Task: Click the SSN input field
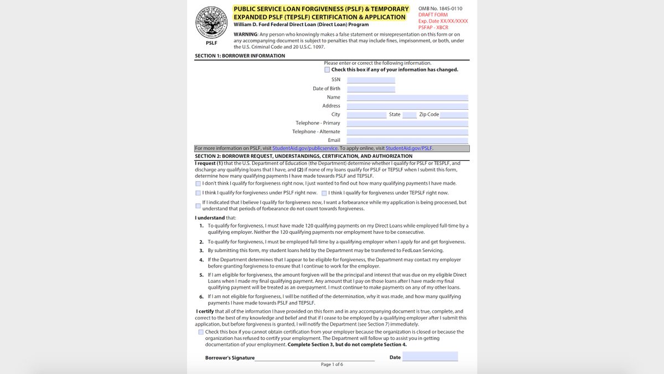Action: click(x=371, y=80)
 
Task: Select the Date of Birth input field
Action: click(x=371, y=89)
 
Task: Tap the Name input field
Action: click(x=407, y=98)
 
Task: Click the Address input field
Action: click(x=407, y=106)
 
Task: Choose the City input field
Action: click(x=366, y=115)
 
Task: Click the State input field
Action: click(x=409, y=115)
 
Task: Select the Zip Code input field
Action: click(x=454, y=115)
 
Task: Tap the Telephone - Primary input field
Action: click(x=407, y=123)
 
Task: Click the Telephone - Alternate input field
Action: click(x=407, y=132)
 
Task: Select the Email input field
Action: click(x=407, y=141)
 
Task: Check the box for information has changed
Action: click(x=327, y=70)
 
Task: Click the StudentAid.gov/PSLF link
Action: click(x=409, y=148)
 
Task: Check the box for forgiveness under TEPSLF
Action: click(x=324, y=193)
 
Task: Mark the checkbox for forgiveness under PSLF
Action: click(x=198, y=193)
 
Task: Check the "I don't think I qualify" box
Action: click(x=198, y=183)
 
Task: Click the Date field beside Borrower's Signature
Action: click(x=430, y=356)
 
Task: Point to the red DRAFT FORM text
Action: click(x=433, y=15)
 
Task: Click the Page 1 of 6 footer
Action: click(x=332, y=365)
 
